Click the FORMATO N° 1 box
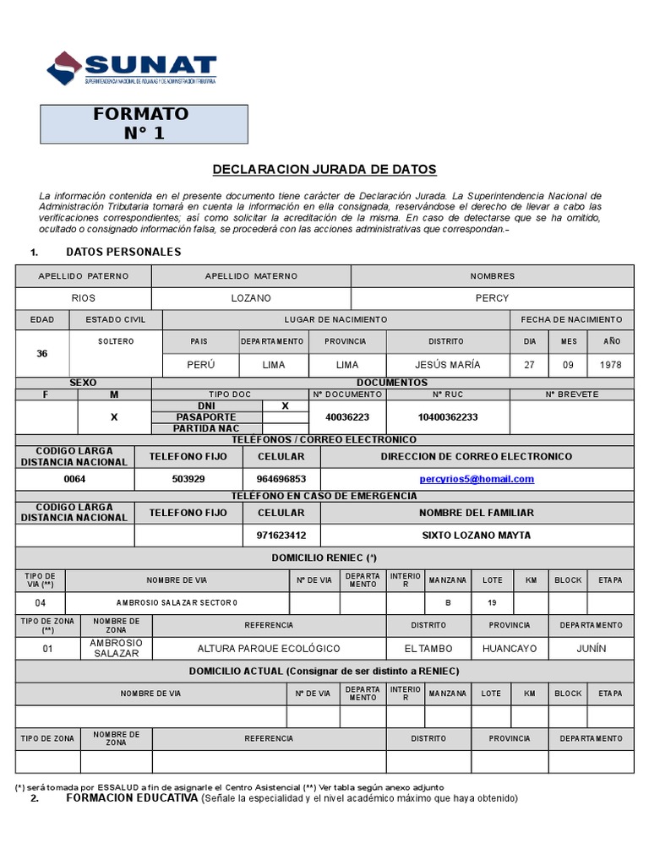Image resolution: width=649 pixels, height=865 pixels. [x=145, y=123]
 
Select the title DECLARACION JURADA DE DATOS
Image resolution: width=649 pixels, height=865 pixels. [x=324, y=170]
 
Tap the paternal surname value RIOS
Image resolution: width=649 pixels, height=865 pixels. [x=83, y=298]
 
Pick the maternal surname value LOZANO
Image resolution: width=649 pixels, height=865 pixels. [x=251, y=298]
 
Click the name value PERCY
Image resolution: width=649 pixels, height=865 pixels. [x=492, y=298]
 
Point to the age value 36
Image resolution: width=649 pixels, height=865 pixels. [x=42, y=353]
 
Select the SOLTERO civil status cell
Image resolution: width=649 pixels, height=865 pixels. [x=115, y=341]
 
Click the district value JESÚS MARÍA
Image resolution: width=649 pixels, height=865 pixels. [x=448, y=365]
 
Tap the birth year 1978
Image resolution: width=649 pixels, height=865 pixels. [x=611, y=365]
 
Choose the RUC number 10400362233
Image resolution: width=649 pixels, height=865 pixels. [x=448, y=417]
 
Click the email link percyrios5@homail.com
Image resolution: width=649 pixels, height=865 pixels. [x=477, y=479]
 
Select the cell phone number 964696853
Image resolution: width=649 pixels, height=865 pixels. [x=281, y=479]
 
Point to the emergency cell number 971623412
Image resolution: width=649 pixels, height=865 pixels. [x=281, y=535]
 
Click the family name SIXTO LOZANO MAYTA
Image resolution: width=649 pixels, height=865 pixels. [x=477, y=535]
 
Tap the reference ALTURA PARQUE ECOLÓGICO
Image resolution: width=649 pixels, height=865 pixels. [x=269, y=649]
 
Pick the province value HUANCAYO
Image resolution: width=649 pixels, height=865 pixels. [x=510, y=649]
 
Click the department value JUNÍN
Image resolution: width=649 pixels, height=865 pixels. [x=591, y=649]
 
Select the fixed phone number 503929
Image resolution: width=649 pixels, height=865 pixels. [x=188, y=479]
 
